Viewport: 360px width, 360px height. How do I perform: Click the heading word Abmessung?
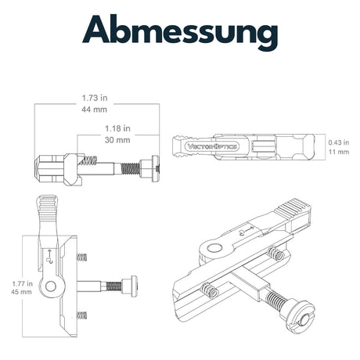click(180, 31)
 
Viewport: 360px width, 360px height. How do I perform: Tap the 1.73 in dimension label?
click(95, 98)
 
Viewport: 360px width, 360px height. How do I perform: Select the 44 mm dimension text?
click(94, 110)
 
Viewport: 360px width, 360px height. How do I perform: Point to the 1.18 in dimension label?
click(117, 128)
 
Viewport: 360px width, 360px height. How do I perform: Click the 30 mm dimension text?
click(117, 140)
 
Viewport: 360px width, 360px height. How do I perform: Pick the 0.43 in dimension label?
click(339, 142)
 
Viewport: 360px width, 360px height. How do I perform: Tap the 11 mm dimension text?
click(339, 152)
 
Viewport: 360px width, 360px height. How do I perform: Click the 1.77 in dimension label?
click(23, 283)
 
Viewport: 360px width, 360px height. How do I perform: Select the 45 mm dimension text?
click(21, 292)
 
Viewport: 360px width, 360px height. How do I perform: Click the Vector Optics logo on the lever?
click(211, 146)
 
